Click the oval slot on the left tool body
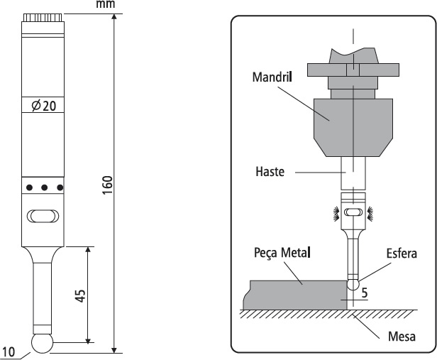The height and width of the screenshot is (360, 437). [x=42, y=215]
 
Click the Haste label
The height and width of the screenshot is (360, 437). [x=269, y=172]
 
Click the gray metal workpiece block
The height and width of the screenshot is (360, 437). [x=298, y=293]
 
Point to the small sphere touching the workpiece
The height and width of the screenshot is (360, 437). [x=353, y=283]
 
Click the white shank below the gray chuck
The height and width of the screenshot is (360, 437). [x=353, y=171]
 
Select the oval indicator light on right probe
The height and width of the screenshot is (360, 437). [x=353, y=212]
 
